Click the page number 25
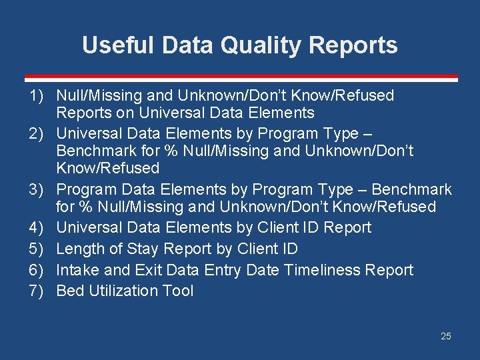446,336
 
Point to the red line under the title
240,78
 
